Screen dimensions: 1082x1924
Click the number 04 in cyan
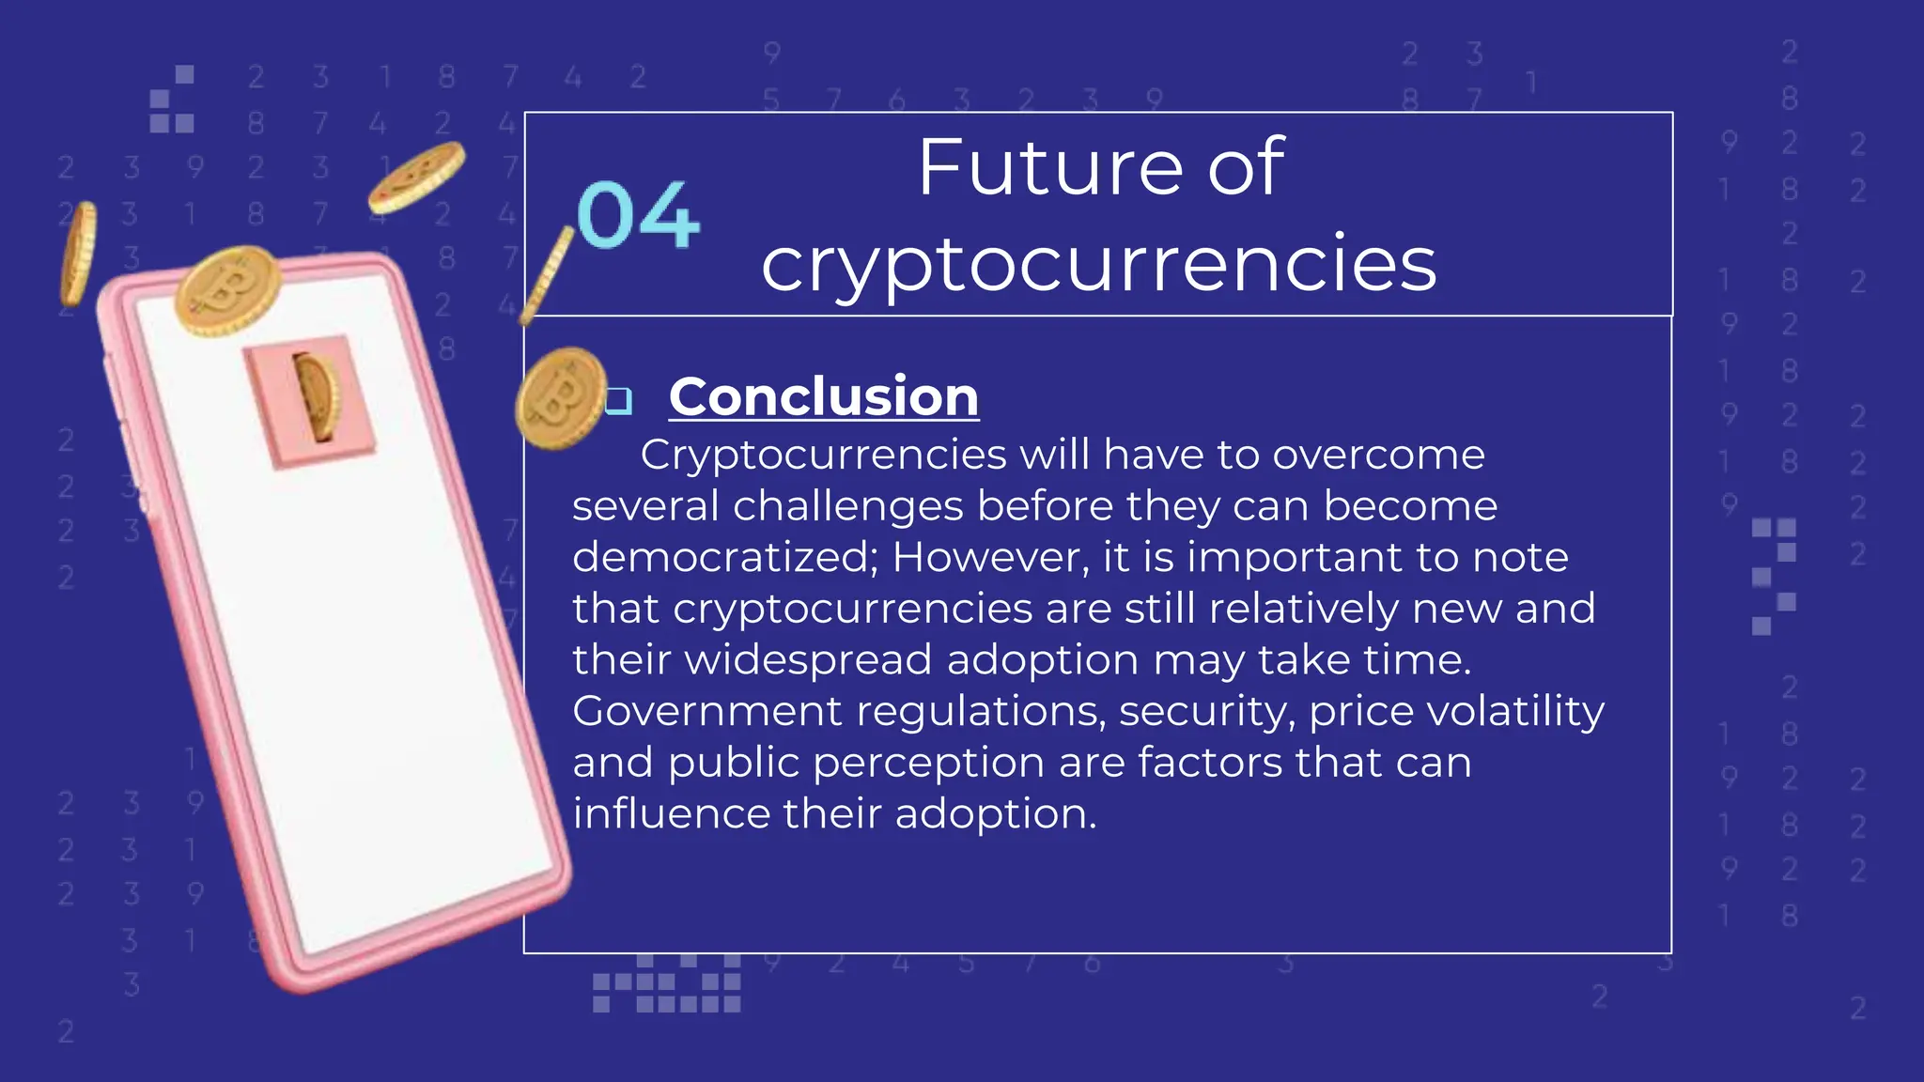tap(638, 216)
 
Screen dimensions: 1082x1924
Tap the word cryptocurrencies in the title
tap(1098, 265)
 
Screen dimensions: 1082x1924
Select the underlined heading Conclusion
tap(823, 396)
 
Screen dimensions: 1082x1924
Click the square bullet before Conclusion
tap(619, 401)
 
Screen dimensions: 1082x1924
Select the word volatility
tap(1515, 711)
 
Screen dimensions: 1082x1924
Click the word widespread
tap(808, 659)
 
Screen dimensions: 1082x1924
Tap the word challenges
tap(847, 506)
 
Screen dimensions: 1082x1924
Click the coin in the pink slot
tap(318, 397)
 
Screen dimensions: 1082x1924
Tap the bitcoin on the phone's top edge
tap(228, 290)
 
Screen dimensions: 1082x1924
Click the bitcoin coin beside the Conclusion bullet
tap(560, 398)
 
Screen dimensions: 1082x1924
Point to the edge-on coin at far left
tap(78, 253)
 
